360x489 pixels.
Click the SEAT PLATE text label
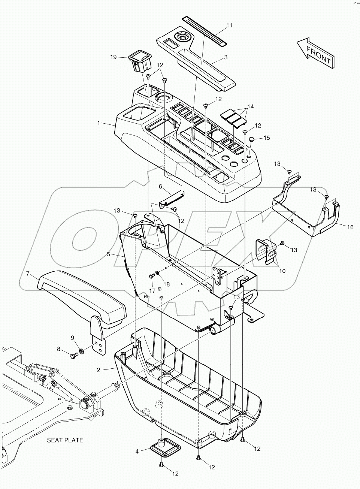[65, 440]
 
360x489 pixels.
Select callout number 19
[114, 57]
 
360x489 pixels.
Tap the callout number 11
[229, 25]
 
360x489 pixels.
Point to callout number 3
[226, 57]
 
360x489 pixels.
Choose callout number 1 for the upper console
[99, 123]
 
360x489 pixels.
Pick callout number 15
[266, 138]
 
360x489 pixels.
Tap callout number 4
[137, 452]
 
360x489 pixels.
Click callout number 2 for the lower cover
[98, 370]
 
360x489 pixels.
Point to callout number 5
[108, 254]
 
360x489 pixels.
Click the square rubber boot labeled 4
[164, 447]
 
